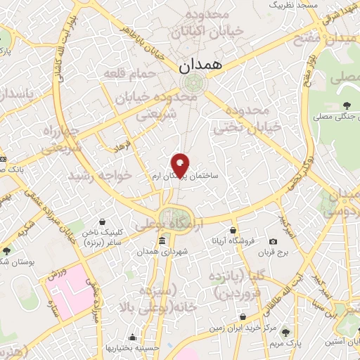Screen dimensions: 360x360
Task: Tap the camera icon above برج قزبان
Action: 273,242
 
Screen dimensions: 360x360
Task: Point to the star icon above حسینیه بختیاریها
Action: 132,337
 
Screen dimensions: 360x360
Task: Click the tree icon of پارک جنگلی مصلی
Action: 346,105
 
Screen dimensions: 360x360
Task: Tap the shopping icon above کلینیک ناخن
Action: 103,221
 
